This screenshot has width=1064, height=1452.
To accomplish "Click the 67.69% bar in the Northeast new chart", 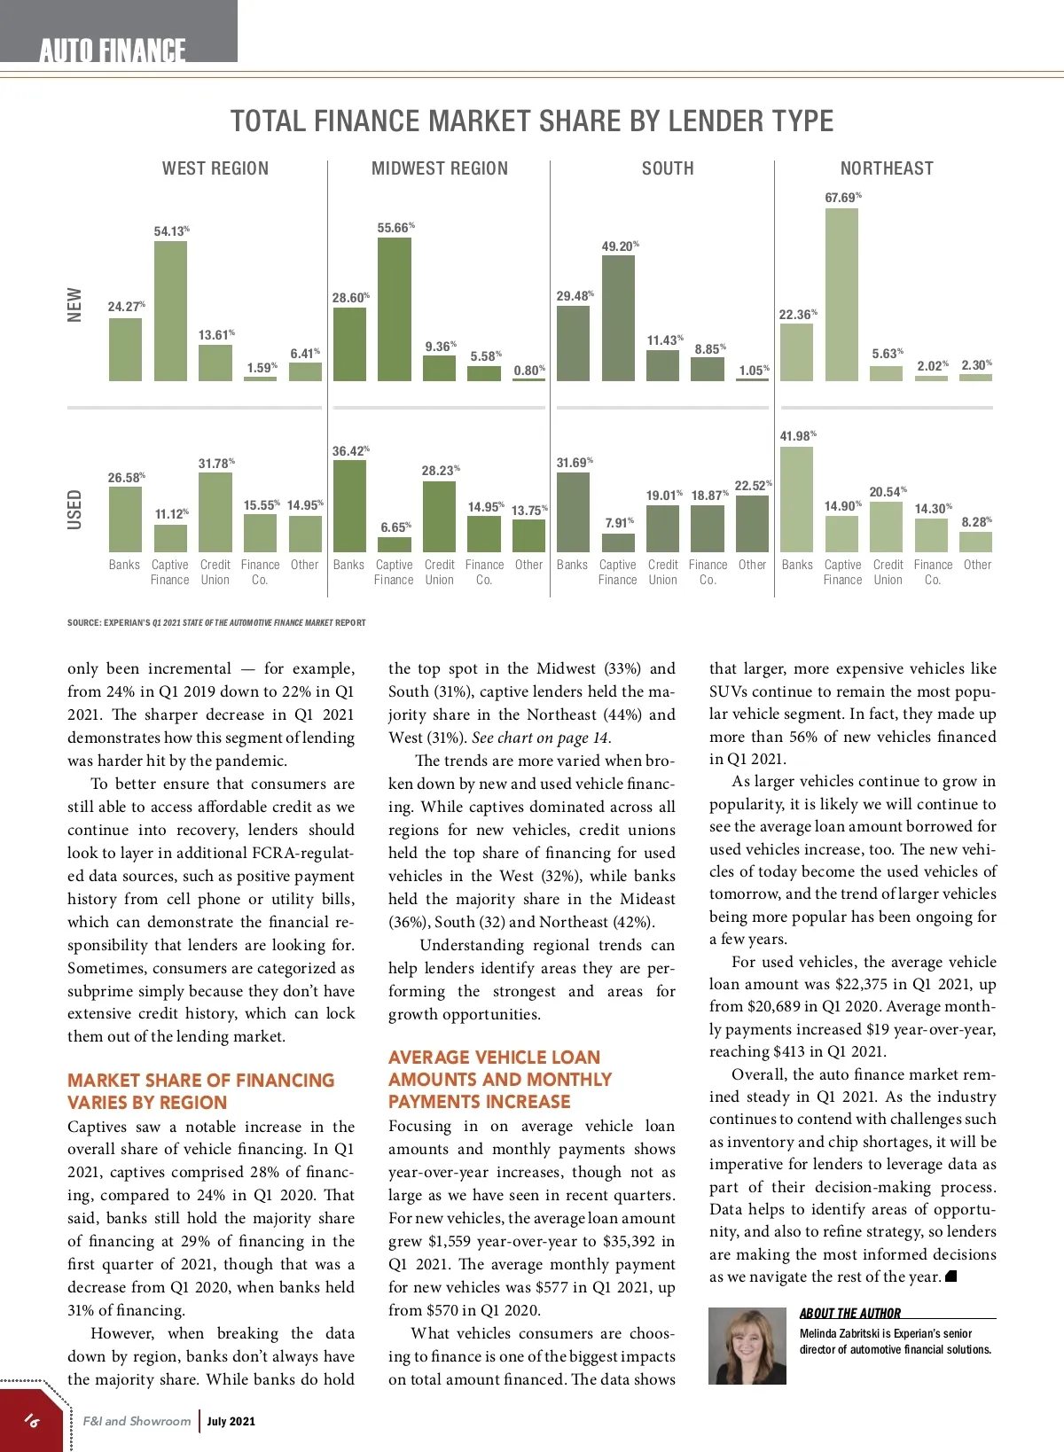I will coord(841,294).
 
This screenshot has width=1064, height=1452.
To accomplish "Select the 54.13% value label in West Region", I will coord(171,231).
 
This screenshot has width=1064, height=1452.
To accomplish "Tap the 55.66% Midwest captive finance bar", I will coord(394,309).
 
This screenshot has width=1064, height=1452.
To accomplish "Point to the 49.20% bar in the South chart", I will coord(618,318).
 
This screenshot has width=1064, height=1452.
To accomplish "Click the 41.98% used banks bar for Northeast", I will coord(796,499).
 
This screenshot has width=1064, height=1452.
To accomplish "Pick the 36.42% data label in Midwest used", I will coord(350,451).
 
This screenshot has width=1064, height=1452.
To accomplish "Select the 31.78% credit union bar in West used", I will coord(215,511).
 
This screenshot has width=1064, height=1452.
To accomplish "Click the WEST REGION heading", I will coord(215,168).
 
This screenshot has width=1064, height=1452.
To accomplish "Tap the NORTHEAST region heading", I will coord(887,168).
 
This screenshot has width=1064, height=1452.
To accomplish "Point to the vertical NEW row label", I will coord(74,304).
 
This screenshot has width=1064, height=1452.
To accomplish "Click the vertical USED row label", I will coord(74,510).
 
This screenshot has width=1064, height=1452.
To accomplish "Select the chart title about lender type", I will coord(532,121).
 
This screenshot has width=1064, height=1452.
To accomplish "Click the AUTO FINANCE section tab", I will coord(113,51).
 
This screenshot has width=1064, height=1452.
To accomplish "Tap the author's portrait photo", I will coord(747,1346).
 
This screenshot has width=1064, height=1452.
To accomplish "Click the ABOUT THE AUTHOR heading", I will coord(849,1314).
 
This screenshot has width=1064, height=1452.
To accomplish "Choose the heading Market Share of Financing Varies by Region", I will coord(200,1091).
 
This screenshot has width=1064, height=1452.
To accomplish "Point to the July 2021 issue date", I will coord(231,1421).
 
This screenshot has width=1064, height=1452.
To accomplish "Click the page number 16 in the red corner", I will coord(32,1420).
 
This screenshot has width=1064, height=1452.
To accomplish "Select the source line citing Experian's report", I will coord(216,622).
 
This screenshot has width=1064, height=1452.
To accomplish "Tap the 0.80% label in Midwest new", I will coord(529,371).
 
